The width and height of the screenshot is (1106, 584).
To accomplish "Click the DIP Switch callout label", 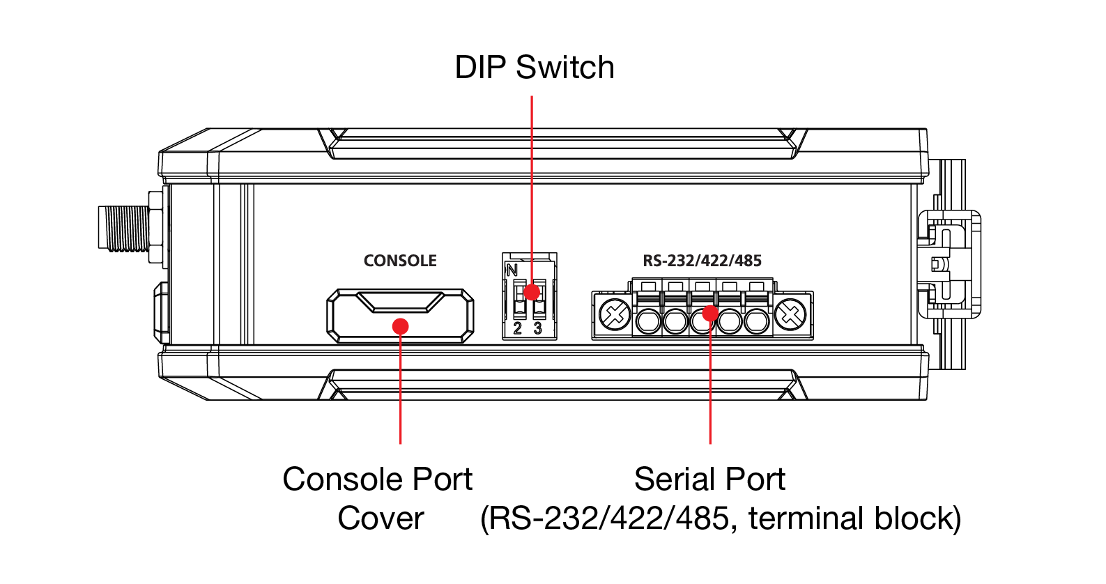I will coord(535,68).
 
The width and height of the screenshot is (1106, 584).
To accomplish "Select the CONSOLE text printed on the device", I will coord(400,261).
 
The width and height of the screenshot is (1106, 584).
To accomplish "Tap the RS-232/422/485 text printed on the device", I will coord(702,261).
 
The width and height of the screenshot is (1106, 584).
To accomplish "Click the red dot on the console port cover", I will coord(400,326).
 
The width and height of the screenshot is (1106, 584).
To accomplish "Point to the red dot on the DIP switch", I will coord(532,291).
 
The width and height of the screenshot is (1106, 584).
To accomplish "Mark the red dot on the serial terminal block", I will coord(709,313).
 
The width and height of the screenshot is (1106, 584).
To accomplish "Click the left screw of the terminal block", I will coord(615,314).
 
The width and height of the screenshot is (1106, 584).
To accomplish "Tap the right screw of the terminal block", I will coord(790,314).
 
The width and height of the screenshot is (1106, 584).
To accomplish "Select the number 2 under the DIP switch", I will coord(517,328).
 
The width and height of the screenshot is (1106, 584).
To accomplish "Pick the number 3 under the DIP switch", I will coord(538,328).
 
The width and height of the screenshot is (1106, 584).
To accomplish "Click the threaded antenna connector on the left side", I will coord(124,228).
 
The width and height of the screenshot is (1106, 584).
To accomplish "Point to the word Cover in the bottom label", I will coord(381,518).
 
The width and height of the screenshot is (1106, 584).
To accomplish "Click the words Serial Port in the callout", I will coord(709,479).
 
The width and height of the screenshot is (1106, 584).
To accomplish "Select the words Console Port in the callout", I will coord(377,479).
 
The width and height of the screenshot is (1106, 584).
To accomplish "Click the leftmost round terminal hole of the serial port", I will coord(648,321).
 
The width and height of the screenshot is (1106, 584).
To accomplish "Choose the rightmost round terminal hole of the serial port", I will coord(756,321).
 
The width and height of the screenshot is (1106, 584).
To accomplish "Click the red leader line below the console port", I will coord(400,390).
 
